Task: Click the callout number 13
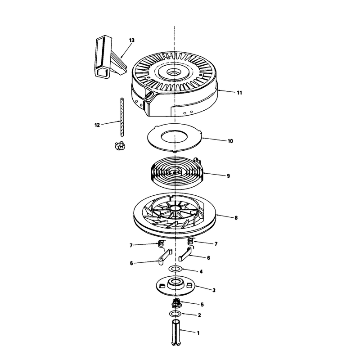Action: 131,40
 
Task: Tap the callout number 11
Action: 239,93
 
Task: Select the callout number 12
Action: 97,125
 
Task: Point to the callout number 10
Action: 230,141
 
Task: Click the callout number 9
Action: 228,176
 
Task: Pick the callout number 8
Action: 236,218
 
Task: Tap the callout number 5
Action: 202,305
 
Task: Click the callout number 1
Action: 198,333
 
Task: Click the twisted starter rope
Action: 122,117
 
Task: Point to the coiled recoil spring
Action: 176,173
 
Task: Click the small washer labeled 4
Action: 175,269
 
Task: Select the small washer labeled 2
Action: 175,314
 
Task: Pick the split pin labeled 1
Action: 176,333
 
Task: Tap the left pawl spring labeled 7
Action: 162,245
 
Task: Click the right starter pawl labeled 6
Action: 184,254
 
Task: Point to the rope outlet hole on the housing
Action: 149,94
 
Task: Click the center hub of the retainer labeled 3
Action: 175,283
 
